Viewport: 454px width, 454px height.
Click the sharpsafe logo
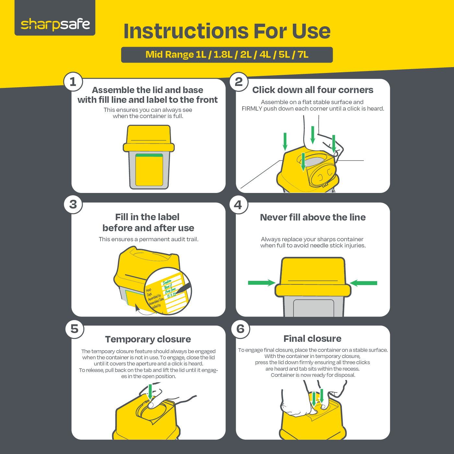55,24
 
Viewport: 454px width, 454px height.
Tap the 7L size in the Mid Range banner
303,55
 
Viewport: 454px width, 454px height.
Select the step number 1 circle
73,82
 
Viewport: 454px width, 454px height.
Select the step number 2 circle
239,82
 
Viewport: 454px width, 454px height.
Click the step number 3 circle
73,204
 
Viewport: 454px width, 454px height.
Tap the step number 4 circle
239,205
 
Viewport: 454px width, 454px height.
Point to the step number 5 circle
75,329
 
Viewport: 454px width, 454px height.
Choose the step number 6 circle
241,329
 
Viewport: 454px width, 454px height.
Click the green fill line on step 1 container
149,155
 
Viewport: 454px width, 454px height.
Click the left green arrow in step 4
261,283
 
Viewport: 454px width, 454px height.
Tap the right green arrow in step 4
364,283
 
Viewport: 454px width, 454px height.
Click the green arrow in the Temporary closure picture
150,392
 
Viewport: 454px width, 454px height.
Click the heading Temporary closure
148,339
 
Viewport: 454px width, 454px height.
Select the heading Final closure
312,339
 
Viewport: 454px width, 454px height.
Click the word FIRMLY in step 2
252,109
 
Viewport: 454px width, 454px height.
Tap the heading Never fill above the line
313,217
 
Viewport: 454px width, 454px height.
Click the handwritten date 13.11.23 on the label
172,295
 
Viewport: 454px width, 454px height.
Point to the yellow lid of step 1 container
149,138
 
